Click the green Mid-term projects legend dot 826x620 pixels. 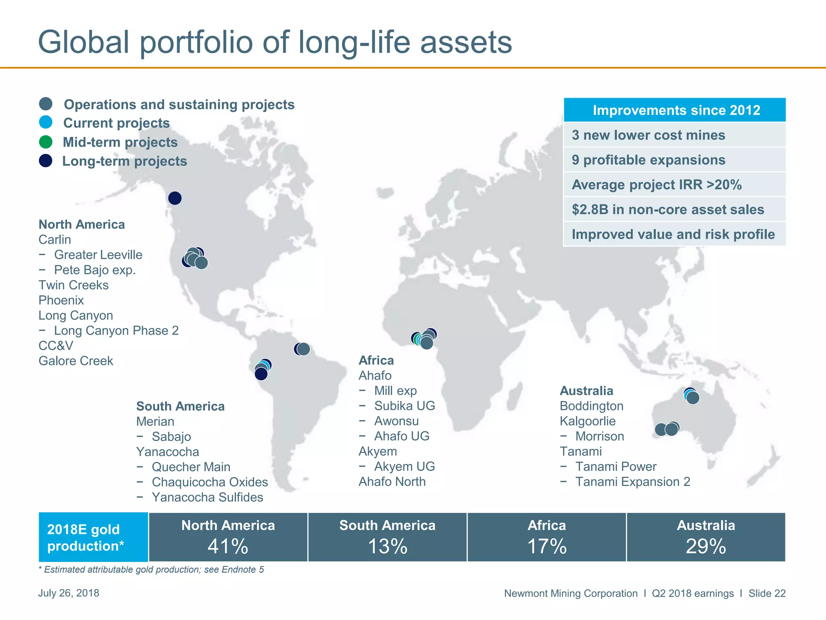46,142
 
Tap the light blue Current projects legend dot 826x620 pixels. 46,122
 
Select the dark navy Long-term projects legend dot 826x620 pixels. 46,161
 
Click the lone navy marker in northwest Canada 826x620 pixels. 175,198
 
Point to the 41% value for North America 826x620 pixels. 228,547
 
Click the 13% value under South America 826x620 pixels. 387,547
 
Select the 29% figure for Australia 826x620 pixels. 706,547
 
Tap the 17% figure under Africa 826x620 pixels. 546,547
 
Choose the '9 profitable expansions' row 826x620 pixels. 649,160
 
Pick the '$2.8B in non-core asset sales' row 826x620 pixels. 668,209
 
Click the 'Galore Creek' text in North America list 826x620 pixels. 76,361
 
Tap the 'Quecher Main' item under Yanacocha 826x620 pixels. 191,467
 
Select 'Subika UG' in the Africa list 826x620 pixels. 404,406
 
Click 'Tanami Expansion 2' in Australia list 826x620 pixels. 632,482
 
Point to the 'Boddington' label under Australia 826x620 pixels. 591,406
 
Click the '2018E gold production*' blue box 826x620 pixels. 93,537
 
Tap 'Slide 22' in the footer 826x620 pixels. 767,593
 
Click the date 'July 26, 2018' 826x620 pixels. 69,593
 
